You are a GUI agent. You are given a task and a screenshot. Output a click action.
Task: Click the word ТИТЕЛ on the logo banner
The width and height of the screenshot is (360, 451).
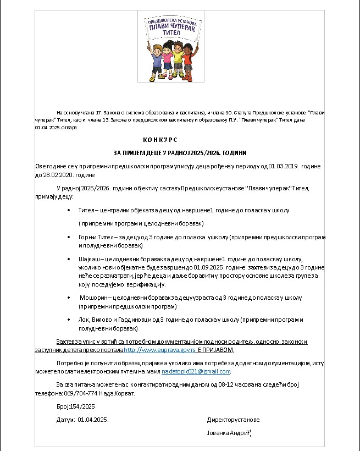(171, 34)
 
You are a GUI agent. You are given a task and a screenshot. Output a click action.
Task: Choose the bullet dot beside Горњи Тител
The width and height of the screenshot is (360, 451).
(68, 237)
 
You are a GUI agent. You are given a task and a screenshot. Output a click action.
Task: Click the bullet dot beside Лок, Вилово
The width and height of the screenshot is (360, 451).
(68, 320)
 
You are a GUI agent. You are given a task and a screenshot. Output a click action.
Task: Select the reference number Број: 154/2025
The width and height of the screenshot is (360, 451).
(76, 406)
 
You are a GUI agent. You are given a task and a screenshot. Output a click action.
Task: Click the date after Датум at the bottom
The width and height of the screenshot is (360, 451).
(93, 420)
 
